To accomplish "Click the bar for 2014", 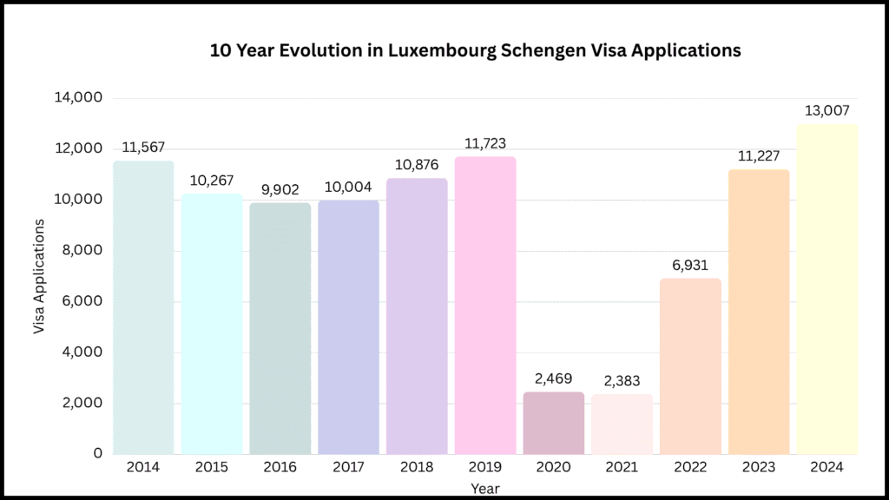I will [x=143, y=307].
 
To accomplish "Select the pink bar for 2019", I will [x=485, y=306].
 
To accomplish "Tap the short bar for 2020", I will [x=554, y=424].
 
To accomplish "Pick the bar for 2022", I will [x=691, y=366].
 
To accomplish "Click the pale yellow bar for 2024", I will [x=827, y=289].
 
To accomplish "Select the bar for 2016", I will [x=280, y=329].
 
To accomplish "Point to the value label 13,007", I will [x=827, y=111].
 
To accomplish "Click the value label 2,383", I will [x=622, y=379].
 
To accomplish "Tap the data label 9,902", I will [x=280, y=188].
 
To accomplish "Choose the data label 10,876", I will [x=417, y=164].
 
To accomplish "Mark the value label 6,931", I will [x=691, y=264].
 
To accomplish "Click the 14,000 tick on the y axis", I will [x=78, y=98].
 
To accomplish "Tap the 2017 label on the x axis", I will [x=348, y=468].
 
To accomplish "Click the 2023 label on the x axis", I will [x=760, y=468].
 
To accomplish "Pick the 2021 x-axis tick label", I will [x=622, y=468].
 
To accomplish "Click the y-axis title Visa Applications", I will [x=39, y=277].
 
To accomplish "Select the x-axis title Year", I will [x=484, y=489].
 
